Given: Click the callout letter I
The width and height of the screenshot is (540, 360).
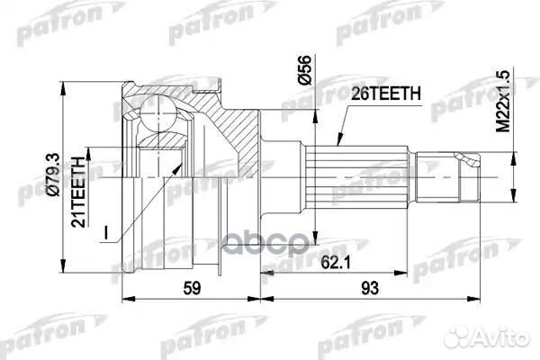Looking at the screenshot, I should [106, 232].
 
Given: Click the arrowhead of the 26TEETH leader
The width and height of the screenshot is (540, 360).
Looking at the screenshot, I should [336, 145].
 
